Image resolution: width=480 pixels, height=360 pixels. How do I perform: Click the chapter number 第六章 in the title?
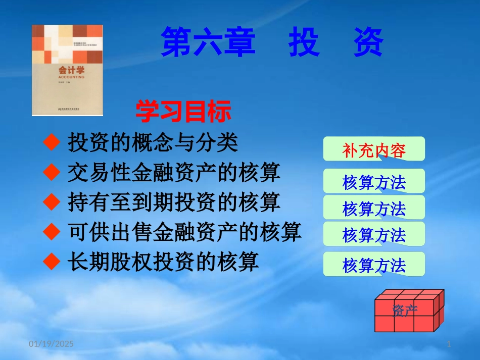207,42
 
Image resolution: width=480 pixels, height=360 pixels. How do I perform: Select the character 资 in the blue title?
368,42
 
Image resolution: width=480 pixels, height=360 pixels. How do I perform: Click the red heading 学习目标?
183,112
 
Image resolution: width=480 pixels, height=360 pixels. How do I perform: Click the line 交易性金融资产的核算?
174,173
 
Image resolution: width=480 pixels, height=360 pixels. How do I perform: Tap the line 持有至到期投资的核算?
174,202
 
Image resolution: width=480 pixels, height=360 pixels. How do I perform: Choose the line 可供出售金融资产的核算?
184,232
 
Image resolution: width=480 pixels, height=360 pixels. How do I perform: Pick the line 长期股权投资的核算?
163,261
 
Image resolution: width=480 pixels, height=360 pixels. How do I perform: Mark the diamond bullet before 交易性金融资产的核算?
52,173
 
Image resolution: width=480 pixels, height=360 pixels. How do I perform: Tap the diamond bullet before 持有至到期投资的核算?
52,202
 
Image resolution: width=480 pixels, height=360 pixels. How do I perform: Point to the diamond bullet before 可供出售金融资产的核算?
52,232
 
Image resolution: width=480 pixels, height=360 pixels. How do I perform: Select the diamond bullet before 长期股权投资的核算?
52,261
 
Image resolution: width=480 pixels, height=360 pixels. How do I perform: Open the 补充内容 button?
374,149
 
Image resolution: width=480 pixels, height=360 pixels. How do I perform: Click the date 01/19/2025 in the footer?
51,344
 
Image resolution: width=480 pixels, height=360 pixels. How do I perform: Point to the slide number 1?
449,344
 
